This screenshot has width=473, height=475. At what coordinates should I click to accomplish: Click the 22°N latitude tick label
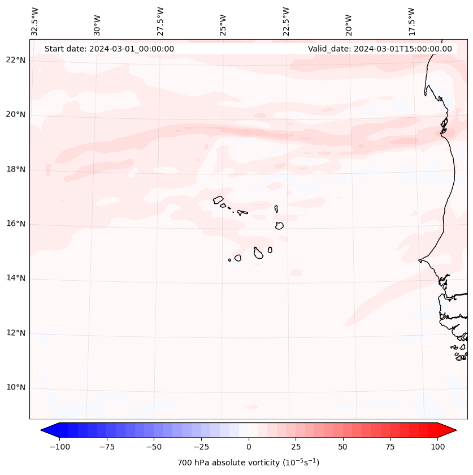[x=16, y=61]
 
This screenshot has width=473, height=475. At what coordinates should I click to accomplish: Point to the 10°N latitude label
[x=16, y=388]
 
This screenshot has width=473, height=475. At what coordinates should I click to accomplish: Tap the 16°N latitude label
[x=16, y=224]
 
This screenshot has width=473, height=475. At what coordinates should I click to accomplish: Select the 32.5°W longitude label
[x=35, y=21]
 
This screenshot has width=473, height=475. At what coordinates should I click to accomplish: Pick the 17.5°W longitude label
[x=411, y=21]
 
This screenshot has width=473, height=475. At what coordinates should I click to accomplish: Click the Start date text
[x=109, y=49]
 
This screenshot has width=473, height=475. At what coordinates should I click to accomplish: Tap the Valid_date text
[x=380, y=49]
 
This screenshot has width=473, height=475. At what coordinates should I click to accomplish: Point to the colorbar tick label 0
[x=249, y=447]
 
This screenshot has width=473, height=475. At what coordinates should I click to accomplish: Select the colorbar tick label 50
[x=342, y=447]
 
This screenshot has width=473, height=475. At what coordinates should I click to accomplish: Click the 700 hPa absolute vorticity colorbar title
[x=248, y=463]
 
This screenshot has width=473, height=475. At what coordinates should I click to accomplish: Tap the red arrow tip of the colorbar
[x=450, y=431]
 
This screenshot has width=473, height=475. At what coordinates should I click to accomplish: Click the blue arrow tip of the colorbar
[x=46, y=431]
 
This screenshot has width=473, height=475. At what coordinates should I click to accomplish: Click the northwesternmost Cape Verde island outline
[x=218, y=199]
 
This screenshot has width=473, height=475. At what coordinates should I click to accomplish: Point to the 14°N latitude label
[x=16, y=279]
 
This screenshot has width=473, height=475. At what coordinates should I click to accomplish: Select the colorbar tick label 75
[x=389, y=447]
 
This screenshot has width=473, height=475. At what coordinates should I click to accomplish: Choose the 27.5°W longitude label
[x=160, y=21]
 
